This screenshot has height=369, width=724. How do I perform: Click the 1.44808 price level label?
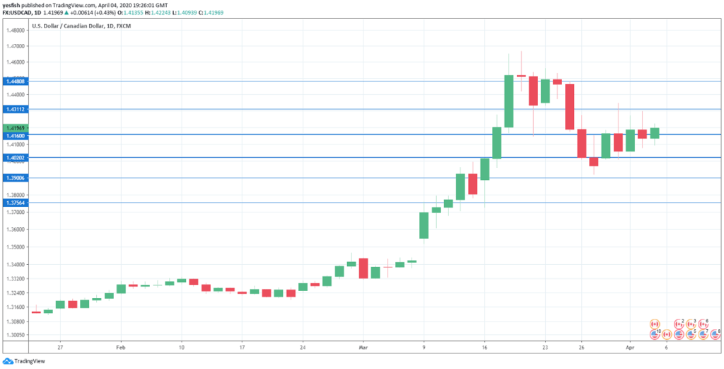click(x=15, y=81)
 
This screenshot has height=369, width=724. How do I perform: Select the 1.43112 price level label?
click(x=15, y=109)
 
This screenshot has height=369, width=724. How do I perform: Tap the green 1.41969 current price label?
click(x=15, y=127)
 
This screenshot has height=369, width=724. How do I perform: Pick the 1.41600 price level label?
click(x=15, y=135)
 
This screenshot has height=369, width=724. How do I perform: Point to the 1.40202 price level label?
click(x=15, y=157)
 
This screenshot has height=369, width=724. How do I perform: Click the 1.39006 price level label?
click(x=15, y=178)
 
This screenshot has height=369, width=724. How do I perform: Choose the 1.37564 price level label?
click(x=15, y=203)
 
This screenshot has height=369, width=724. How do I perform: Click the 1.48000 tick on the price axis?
click(x=15, y=30)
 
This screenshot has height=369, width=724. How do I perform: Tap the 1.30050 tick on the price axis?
click(x=15, y=334)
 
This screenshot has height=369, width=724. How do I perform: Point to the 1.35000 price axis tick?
click(x=15, y=247)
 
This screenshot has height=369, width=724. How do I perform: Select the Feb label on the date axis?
click(x=120, y=348)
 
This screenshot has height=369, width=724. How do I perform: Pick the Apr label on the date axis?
click(x=630, y=348)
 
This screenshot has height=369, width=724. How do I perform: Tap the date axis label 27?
click(x=61, y=348)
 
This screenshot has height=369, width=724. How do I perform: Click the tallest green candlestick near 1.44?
click(x=508, y=101)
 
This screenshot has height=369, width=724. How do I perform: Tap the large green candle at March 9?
click(x=424, y=225)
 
